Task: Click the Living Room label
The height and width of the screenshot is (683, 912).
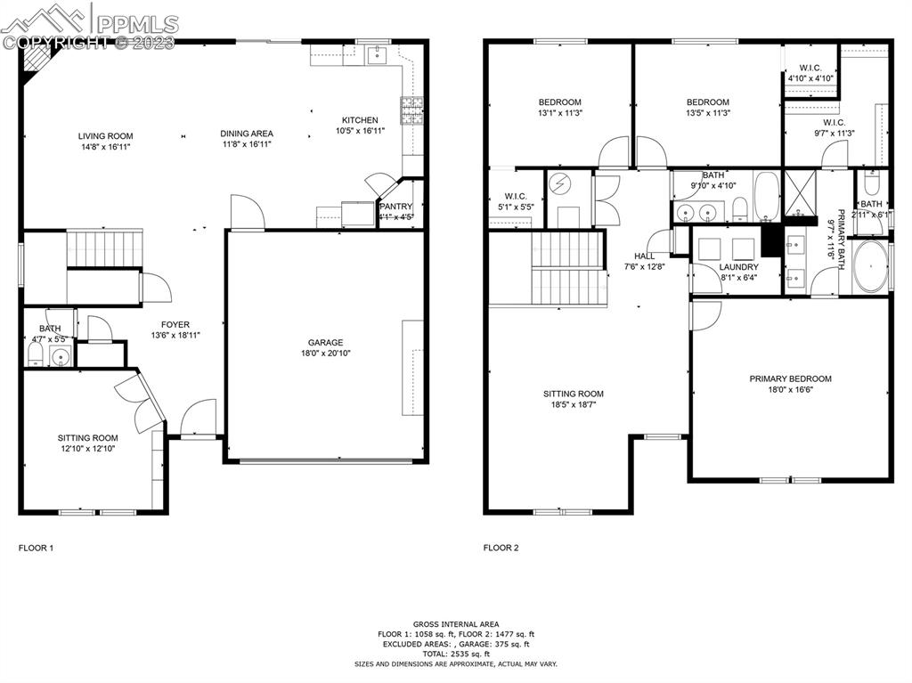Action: [x=106, y=136]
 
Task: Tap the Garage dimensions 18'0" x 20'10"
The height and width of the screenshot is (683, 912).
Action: [x=325, y=354]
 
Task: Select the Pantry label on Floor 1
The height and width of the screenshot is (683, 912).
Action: [x=396, y=207]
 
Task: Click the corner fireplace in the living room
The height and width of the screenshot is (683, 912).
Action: [x=37, y=61]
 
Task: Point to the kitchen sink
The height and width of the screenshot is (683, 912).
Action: [x=378, y=57]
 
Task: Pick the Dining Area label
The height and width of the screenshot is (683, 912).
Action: [x=247, y=134]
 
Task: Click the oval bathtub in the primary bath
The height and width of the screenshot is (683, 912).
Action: [x=870, y=266]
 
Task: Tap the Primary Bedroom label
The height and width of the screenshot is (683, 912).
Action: [x=790, y=378]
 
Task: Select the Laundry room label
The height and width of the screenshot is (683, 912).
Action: [x=739, y=267]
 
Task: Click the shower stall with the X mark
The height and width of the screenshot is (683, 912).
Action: [x=799, y=192]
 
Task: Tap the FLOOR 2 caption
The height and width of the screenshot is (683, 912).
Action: [x=501, y=549]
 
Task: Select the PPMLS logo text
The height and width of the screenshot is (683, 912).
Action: [x=136, y=23]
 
